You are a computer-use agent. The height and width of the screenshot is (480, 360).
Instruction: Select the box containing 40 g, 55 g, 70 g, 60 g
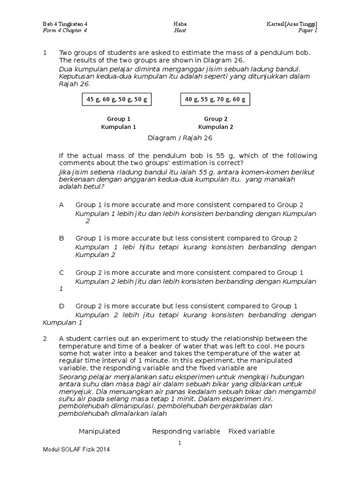216,99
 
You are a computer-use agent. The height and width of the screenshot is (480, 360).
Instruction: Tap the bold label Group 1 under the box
119,119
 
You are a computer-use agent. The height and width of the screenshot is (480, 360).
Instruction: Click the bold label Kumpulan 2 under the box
216,127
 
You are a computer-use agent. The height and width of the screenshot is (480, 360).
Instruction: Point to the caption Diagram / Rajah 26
180,138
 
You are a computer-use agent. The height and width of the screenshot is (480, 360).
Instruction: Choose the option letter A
61,205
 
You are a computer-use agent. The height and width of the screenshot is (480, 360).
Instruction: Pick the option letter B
61,238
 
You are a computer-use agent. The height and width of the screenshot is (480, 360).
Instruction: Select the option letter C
61,272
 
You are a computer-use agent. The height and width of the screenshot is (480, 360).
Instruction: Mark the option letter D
61,306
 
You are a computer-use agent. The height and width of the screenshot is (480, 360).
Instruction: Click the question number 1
45,53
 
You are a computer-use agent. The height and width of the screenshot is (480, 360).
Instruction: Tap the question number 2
45,338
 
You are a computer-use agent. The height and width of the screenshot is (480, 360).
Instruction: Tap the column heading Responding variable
186,431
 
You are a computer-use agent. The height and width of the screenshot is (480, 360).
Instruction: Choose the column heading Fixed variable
251,431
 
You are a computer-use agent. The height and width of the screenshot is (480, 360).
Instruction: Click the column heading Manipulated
99,431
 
